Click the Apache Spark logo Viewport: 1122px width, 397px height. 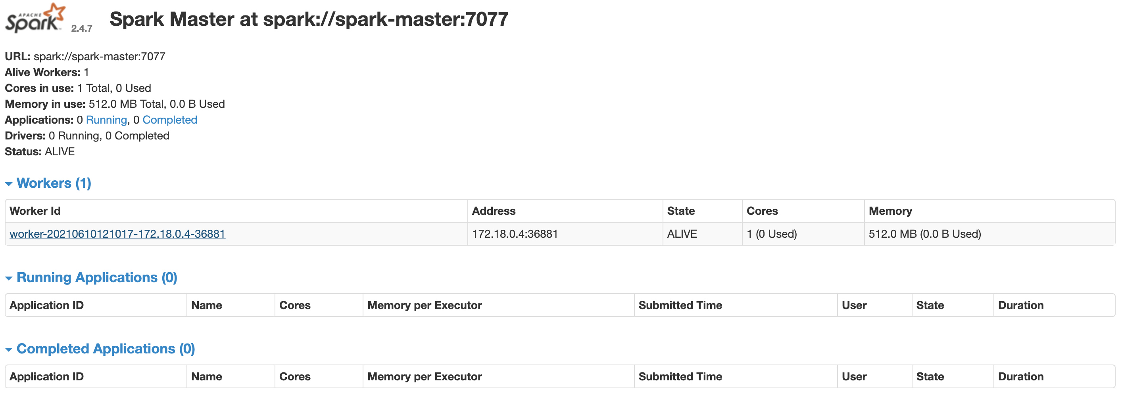(x=35, y=18)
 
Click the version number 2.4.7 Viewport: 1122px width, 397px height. (x=82, y=29)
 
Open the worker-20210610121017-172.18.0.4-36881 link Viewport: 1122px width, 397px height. (x=117, y=234)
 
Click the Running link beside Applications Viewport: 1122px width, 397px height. (x=106, y=120)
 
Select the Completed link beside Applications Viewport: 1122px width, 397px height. (x=170, y=120)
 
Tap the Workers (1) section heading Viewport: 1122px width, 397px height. (x=54, y=183)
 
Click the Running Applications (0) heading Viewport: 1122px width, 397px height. (x=97, y=277)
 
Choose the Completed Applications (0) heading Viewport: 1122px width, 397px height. (x=106, y=349)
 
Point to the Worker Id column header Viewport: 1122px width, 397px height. (x=35, y=211)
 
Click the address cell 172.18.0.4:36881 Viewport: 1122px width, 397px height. (x=515, y=234)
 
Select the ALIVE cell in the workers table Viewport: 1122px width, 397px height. (x=682, y=234)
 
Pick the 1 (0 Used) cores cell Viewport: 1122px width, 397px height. (x=772, y=234)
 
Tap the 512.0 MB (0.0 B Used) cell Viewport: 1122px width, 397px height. (x=925, y=234)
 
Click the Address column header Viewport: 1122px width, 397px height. (x=494, y=211)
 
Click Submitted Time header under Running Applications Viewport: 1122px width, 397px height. (x=680, y=305)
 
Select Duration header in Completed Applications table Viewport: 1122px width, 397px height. (x=1021, y=376)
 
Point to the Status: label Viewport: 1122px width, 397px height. (x=23, y=151)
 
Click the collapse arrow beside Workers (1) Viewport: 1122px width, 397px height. (x=9, y=184)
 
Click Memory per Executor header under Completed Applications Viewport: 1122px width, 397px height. (x=425, y=376)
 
